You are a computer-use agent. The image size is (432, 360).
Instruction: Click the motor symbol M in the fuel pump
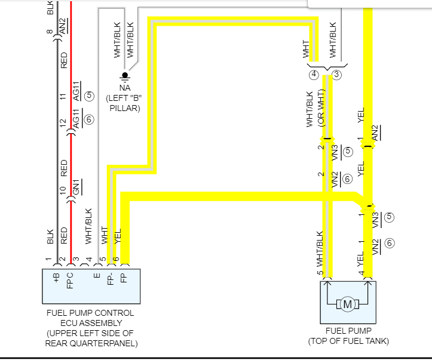tap(347, 304)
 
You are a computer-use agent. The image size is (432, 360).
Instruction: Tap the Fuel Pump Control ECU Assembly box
tap(90, 286)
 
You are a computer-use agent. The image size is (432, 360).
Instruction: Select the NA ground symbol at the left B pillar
tap(125, 76)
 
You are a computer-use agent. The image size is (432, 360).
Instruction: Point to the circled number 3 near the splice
tap(336, 75)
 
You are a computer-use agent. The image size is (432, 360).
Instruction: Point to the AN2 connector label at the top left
tap(63, 26)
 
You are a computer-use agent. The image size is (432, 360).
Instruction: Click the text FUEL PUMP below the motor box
tap(348, 331)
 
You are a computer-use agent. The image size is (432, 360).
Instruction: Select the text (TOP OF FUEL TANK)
tap(348, 341)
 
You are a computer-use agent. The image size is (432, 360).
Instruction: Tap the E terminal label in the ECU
tap(96, 276)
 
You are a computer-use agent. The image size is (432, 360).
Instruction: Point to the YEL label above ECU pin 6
tap(118, 236)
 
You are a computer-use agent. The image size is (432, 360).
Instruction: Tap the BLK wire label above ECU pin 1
tap(50, 236)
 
